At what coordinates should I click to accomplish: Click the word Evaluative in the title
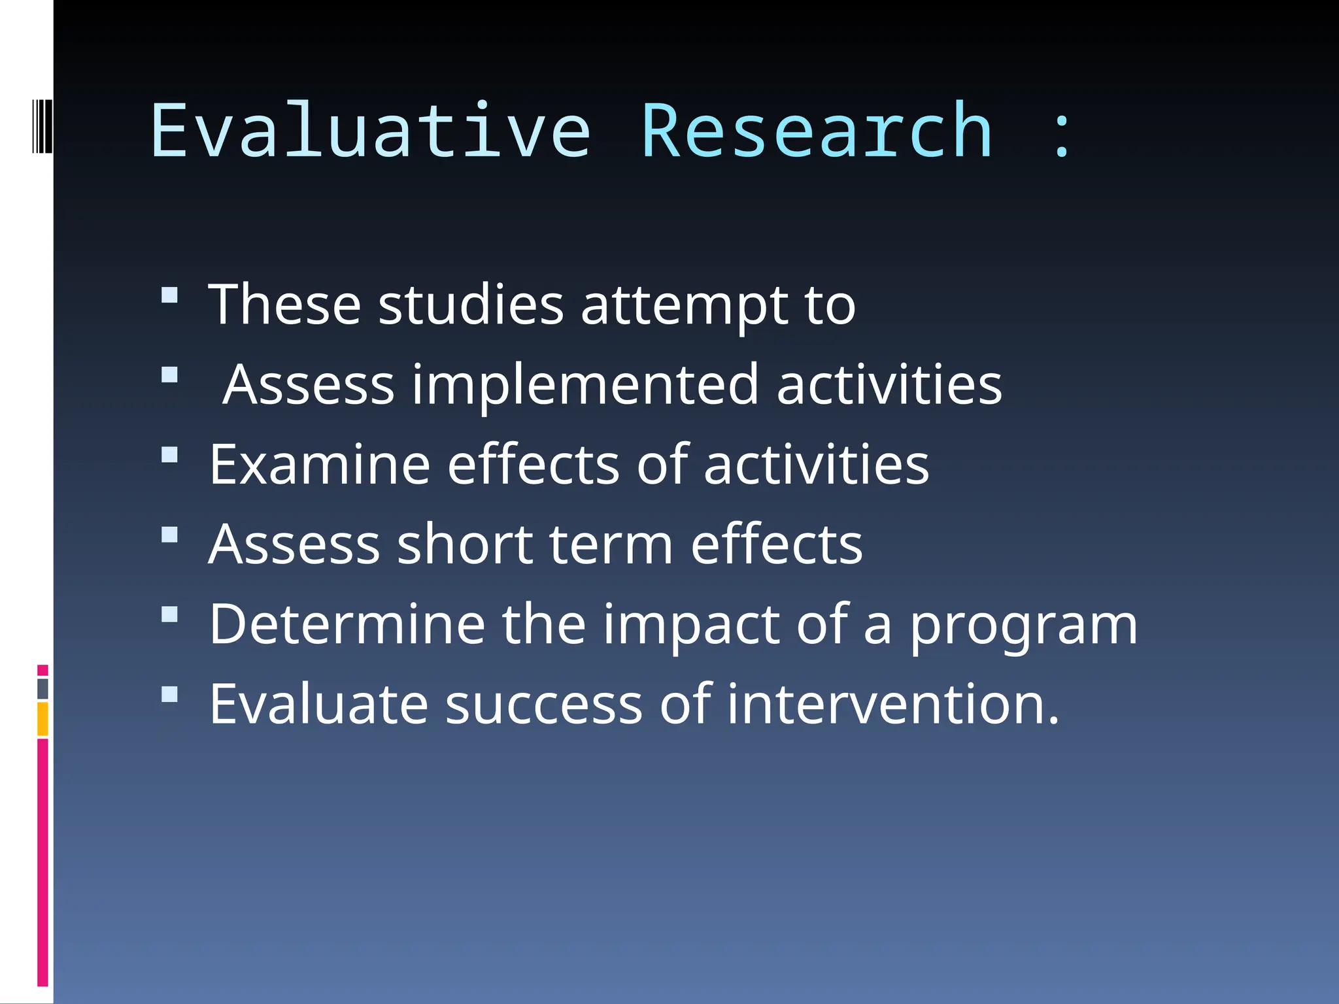point(371,131)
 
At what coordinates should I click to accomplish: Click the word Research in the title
point(817,131)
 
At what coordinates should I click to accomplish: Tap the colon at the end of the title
point(1061,134)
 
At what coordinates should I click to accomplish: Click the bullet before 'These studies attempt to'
point(169,295)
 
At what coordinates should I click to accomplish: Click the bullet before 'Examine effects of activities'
point(169,454)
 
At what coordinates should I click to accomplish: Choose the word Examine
point(320,465)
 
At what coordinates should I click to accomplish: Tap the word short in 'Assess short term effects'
point(465,544)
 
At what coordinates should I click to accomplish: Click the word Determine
point(347,624)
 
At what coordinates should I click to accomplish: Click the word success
point(543,705)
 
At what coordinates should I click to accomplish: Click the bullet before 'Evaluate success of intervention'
point(169,694)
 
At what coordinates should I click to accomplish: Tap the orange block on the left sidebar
point(42,719)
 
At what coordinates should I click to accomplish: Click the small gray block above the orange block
point(42,689)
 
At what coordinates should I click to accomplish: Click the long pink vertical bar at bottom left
point(42,863)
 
